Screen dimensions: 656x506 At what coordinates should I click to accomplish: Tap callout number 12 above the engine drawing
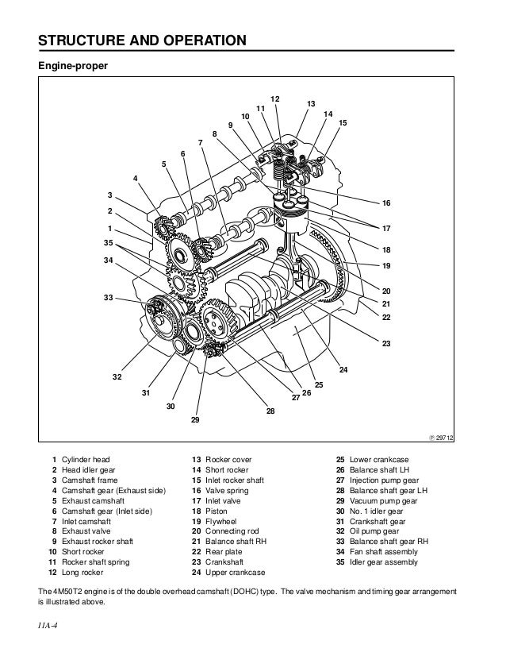(274, 98)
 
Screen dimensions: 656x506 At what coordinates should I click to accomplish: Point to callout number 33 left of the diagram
(108, 297)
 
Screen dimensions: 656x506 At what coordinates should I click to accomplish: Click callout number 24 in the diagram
(343, 370)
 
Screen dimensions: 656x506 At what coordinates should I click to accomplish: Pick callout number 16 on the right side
(387, 204)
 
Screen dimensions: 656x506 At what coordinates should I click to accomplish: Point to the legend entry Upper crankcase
(234, 572)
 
